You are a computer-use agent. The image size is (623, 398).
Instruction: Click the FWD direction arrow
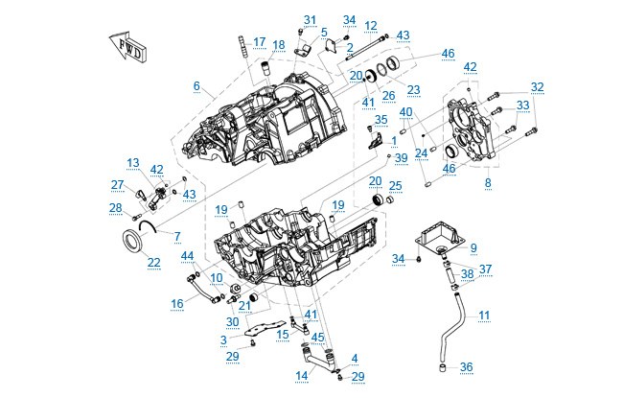tap(127, 45)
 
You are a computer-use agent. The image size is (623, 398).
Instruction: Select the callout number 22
tap(153, 262)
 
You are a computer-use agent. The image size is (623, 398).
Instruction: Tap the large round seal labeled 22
tap(131, 241)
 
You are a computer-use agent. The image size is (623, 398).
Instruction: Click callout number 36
tap(467, 366)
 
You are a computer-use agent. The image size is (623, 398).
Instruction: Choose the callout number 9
tap(473, 247)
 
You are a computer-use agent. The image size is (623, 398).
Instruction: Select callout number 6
tap(196, 85)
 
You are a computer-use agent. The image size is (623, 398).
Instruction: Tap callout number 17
tap(259, 42)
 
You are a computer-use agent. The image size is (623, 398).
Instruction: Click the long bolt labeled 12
tap(366, 48)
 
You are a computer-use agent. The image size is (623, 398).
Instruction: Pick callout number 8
tap(488, 183)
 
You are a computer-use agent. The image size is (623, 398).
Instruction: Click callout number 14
tap(302, 376)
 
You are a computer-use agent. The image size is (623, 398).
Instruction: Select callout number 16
tap(177, 303)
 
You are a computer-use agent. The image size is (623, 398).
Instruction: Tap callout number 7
tap(177, 236)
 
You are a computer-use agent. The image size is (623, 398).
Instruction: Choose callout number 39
tap(402, 158)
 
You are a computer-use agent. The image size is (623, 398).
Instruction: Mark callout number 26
tap(388, 96)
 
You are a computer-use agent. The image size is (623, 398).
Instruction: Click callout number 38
tap(468, 274)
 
